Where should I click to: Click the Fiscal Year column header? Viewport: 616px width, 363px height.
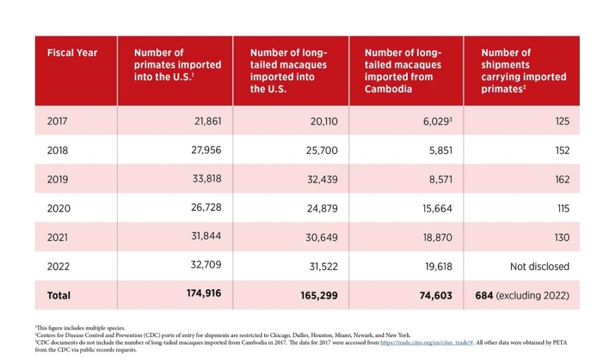point(72,53)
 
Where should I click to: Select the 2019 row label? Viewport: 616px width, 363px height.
point(57,179)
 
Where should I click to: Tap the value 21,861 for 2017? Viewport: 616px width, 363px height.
point(207,121)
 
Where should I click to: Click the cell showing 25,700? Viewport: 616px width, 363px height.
point(322,150)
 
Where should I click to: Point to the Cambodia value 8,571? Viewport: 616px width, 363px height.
point(440,179)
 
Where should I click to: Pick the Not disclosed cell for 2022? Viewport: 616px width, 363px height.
point(539,266)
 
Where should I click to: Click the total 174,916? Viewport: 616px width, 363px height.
point(204,293)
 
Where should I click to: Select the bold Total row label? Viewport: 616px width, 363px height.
point(59,295)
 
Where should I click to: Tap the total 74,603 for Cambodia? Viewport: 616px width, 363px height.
point(436,295)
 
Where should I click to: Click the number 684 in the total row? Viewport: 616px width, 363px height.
point(484,295)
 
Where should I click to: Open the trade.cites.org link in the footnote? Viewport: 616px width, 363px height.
point(426,342)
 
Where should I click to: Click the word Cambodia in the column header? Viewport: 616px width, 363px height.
point(388,89)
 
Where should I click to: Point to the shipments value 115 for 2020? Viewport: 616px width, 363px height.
point(563,208)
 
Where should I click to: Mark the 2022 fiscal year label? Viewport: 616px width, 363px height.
point(58,266)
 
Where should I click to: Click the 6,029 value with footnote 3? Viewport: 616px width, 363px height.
point(437,121)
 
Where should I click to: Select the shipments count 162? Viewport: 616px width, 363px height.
point(562,179)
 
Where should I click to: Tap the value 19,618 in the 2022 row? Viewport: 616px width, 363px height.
point(439,266)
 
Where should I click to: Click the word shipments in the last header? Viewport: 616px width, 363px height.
point(505,65)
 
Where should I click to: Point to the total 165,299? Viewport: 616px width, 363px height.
point(319,295)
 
